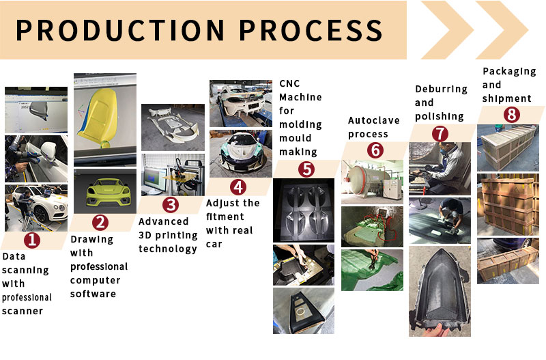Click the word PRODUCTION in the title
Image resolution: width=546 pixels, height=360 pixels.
point(117,30)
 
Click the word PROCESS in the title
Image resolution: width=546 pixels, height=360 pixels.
point(306,30)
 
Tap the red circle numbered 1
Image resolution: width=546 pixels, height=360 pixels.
point(33,240)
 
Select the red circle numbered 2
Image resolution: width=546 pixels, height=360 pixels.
point(101,221)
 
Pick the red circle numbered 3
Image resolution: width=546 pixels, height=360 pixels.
point(171,204)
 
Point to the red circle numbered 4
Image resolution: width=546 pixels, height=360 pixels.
point(238,186)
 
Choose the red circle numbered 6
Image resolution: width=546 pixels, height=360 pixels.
point(374,150)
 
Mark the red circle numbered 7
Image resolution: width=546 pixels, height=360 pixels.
point(441,133)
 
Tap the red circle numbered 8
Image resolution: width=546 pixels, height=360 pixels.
point(511,115)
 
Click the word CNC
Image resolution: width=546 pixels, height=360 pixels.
point(289,83)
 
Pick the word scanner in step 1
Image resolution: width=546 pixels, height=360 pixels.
point(23,311)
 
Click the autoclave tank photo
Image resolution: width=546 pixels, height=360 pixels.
point(373,181)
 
